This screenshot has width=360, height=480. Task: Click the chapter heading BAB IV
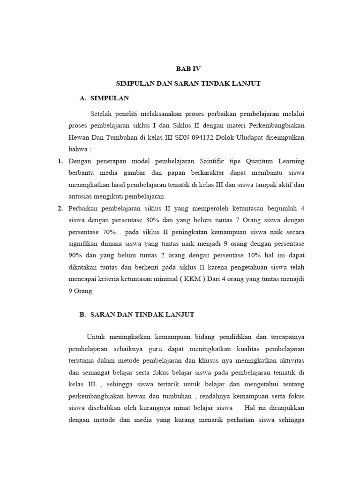188,68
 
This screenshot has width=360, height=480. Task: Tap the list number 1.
60,161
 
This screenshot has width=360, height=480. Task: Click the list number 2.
60,209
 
